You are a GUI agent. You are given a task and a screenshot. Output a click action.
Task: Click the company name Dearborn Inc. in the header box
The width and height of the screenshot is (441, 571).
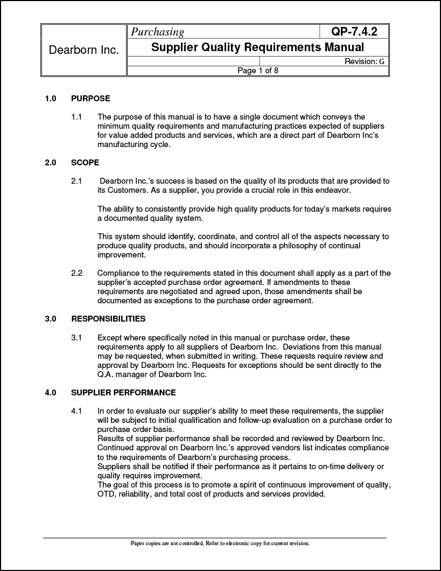(83, 50)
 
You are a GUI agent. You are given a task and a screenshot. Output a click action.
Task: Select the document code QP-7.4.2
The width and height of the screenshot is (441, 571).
(354, 32)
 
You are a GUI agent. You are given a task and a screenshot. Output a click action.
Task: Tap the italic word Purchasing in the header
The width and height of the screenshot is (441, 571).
(158, 32)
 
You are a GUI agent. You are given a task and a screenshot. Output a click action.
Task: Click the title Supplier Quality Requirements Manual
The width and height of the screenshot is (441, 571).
(257, 47)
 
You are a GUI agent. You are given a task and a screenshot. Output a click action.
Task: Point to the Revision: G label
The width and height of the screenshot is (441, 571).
(365, 61)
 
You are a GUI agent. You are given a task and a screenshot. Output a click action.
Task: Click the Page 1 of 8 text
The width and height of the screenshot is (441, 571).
(257, 71)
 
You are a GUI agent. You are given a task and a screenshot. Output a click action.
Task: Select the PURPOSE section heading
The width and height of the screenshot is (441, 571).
(90, 99)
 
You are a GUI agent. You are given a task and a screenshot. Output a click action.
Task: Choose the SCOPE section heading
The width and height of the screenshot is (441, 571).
(85, 163)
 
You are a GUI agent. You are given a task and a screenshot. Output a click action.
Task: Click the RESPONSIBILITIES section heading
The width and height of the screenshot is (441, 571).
(108, 319)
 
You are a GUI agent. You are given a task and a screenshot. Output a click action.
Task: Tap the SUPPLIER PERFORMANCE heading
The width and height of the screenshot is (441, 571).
(123, 392)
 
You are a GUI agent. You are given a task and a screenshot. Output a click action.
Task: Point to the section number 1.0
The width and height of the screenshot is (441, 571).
(51, 99)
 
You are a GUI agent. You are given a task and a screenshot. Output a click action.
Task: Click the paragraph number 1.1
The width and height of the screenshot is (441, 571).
(76, 117)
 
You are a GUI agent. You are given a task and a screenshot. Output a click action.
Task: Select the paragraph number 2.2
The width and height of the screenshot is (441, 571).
(76, 273)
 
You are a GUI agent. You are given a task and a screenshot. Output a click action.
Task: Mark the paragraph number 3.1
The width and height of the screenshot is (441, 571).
(76, 338)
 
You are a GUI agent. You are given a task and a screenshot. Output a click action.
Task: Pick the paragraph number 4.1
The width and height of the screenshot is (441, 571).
(76, 411)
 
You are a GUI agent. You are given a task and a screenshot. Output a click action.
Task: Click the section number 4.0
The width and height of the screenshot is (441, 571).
(51, 392)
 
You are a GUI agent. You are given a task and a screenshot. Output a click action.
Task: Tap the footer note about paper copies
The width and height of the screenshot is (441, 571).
(220, 544)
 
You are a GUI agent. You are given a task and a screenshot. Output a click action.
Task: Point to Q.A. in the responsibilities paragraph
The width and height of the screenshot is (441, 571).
(106, 374)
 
